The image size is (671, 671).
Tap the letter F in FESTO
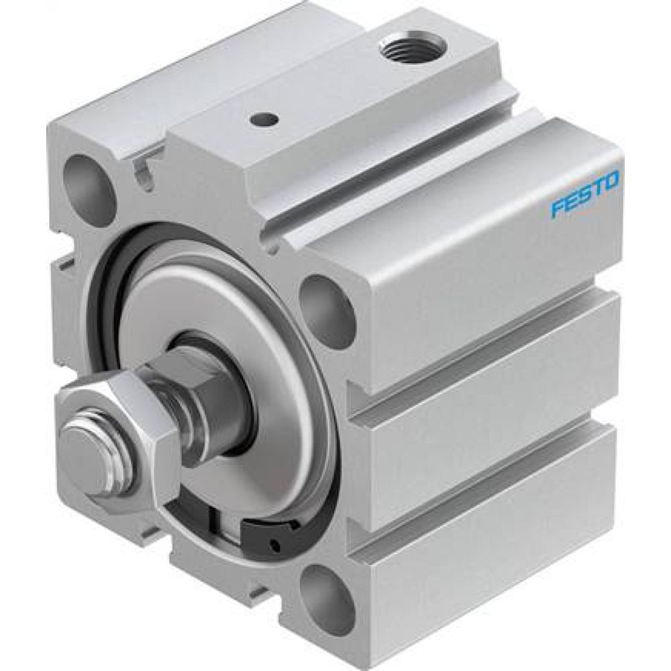coord(557,208)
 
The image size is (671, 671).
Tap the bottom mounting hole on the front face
coord(325,594)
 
